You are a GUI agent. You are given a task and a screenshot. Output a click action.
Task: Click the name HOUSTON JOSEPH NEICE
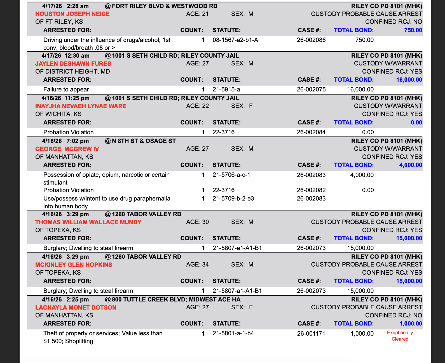pos(72,14)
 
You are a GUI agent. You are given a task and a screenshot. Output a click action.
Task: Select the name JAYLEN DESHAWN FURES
pos(73,64)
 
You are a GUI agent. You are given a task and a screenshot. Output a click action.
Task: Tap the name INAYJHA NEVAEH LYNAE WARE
pos(81,106)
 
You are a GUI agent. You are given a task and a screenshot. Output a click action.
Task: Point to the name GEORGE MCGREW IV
pos(67,149)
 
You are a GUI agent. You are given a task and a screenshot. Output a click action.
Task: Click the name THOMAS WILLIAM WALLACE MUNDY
pos(88,222)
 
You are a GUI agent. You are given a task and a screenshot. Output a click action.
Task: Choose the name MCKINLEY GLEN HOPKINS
pos(74,265)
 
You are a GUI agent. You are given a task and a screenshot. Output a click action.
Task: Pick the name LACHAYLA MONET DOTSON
pos(76,308)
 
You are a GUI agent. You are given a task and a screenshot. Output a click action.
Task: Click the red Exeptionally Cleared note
pos(400,336)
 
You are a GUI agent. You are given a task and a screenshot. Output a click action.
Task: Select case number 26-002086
pos(311,40)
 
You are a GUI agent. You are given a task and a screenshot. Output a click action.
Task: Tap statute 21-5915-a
pos(226,89)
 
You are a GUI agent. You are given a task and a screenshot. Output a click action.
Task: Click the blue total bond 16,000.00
pos(409,80)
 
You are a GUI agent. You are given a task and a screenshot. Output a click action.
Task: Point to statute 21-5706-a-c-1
pos(231,175)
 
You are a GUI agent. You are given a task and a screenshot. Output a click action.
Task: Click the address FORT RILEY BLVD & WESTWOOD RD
pos(164,6)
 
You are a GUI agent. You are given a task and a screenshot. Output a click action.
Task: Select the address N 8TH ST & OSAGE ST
pos(144,141)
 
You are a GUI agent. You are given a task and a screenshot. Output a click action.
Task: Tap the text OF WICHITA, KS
pos(58,114)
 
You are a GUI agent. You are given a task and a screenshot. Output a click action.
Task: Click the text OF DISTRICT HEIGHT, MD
pos(72,72)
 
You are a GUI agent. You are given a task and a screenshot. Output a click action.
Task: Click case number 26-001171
pos(311,334)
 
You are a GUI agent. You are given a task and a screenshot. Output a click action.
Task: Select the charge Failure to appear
pos(66,89)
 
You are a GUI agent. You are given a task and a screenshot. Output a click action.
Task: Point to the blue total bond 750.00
pos(413,30)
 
